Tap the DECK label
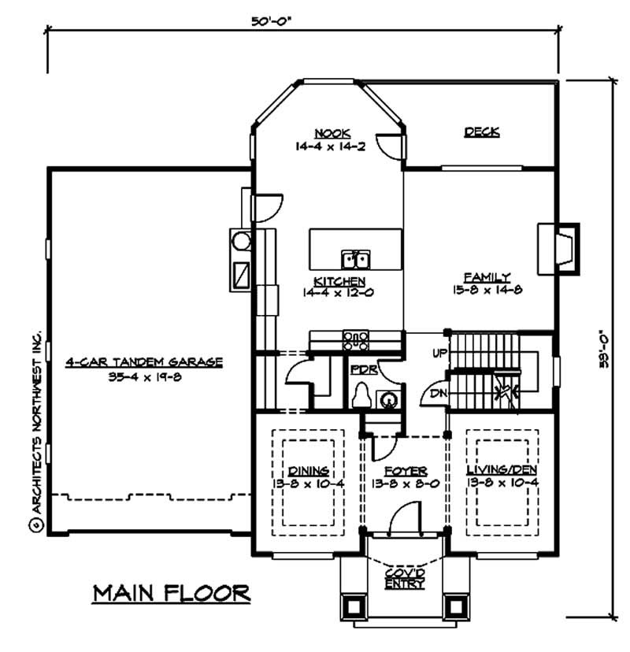[x=481, y=132]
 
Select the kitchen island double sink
[x=356, y=259]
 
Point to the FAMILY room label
[x=487, y=277]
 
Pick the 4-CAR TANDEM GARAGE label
[x=144, y=362]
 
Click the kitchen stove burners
[x=356, y=340]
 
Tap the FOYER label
[x=406, y=470]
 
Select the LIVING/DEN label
[x=501, y=470]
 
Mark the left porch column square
[x=352, y=605]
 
